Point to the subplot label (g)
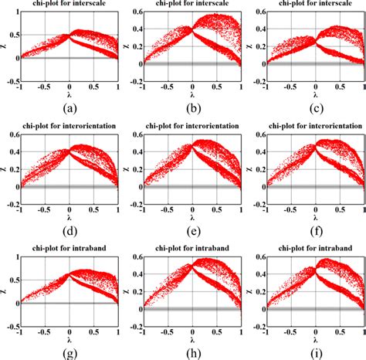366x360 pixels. pos(69,355)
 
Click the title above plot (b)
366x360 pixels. pos(191,4)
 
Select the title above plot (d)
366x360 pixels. pos(69,129)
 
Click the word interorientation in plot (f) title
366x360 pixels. pos(326,129)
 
